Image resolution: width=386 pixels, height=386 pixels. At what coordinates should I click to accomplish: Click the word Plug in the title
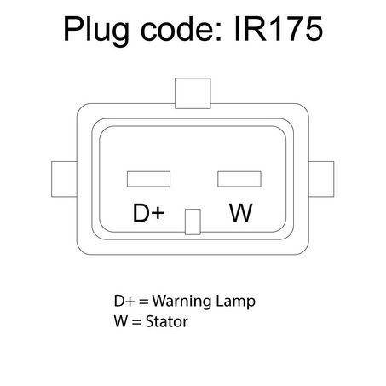pyautogui.click(x=96, y=31)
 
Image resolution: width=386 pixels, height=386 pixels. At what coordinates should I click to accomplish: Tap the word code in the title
pyautogui.click(x=178, y=29)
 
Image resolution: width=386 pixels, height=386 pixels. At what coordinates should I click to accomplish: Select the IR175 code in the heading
pyautogui.click(x=279, y=29)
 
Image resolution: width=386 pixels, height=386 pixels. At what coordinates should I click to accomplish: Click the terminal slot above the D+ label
pyautogui.click(x=148, y=179)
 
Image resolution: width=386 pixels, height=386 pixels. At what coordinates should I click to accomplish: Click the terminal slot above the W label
pyautogui.click(x=239, y=179)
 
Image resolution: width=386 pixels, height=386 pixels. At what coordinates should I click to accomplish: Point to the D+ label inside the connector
pyautogui.click(x=148, y=213)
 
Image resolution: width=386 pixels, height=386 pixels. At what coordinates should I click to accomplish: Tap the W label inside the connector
pyautogui.click(x=241, y=213)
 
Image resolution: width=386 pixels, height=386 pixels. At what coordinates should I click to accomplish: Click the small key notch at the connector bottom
pyautogui.click(x=193, y=222)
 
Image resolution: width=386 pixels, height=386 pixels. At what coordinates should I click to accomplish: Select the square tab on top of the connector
pyautogui.click(x=193, y=93)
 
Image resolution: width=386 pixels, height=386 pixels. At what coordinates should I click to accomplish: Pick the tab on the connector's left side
pyautogui.click(x=64, y=179)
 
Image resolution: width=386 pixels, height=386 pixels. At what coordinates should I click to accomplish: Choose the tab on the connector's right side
pyautogui.click(x=321, y=179)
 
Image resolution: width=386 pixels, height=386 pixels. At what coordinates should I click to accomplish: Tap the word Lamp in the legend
pyautogui.click(x=235, y=302)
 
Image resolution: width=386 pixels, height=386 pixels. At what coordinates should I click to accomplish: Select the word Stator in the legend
pyautogui.click(x=166, y=321)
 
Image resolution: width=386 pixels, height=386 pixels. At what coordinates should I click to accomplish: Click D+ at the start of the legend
pyautogui.click(x=124, y=301)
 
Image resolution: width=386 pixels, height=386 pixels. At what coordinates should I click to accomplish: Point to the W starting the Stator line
pyautogui.click(x=121, y=321)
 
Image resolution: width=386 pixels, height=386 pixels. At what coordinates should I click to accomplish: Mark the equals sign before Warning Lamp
pyautogui.click(x=144, y=302)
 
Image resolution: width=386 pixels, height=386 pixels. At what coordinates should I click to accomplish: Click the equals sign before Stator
pyautogui.click(x=137, y=322)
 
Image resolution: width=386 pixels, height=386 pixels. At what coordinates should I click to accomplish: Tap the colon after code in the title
pyautogui.click(x=219, y=32)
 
